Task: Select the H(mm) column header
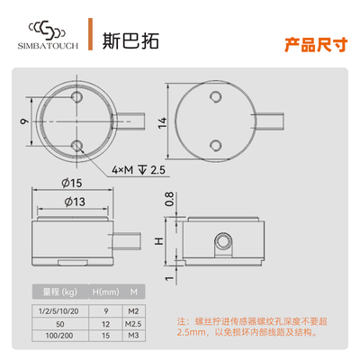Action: click(106, 291)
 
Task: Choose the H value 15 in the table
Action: click(105, 334)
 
